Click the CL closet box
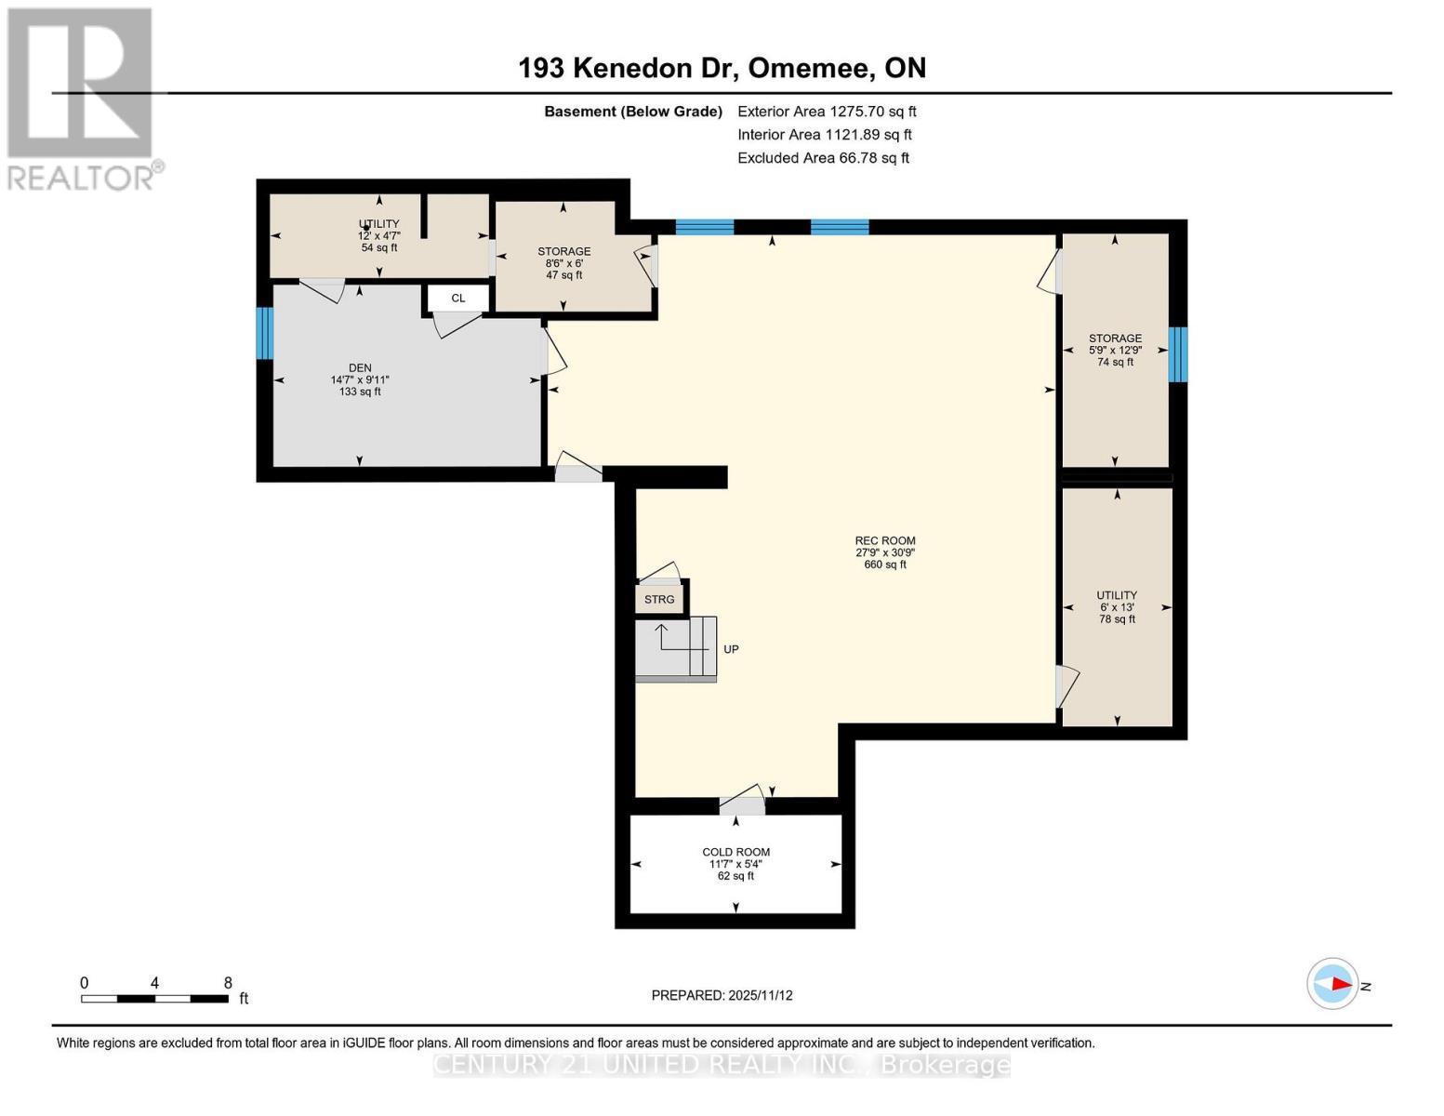457,299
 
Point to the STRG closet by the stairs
659,599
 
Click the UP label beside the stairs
731,649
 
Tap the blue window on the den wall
265,333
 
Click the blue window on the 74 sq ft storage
1177,354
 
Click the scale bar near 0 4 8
154,999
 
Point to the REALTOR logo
81,98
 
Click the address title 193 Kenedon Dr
722,68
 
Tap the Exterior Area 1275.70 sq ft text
827,111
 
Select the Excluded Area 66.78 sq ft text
823,158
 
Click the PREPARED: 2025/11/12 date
722,995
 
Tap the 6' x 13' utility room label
1117,606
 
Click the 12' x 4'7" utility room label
378,235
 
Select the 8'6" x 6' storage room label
563,263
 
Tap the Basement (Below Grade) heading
632,112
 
